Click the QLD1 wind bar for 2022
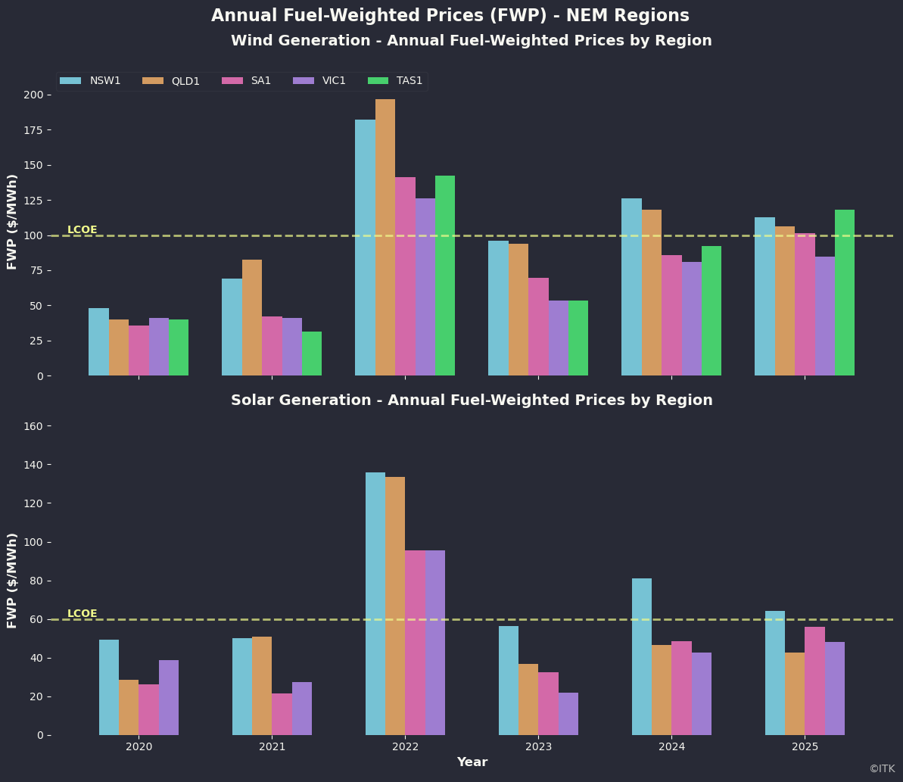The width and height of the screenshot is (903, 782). (385, 238)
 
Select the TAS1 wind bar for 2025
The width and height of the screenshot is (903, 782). (845, 293)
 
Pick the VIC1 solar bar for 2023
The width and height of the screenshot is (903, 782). (568, 714)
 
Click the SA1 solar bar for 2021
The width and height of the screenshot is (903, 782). (282, 714)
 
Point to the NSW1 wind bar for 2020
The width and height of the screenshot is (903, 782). (98, 342)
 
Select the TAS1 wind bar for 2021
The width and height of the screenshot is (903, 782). (312, 354)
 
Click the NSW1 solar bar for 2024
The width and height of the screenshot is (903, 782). (642, 656)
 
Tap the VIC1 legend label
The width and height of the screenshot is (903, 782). (333, 81)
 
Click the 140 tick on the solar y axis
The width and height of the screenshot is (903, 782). (36, 465)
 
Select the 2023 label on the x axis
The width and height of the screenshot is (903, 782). (538, 747)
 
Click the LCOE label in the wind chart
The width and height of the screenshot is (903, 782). (82, 230)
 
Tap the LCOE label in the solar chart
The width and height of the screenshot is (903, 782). (82, 614)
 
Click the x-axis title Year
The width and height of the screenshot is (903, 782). (472, 762)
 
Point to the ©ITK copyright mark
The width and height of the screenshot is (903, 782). (882, 769)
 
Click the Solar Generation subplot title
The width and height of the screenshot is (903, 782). (472, 400)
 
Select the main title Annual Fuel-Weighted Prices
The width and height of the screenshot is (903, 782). (450, 16)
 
